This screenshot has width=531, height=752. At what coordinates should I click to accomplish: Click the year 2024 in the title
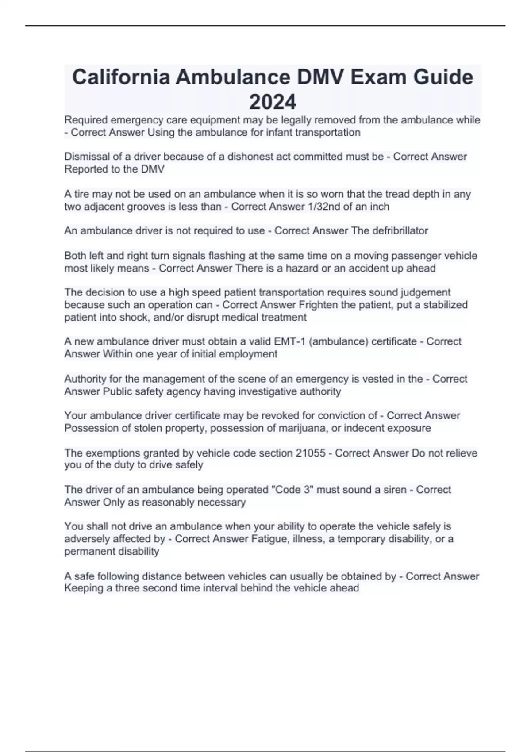(273, 102)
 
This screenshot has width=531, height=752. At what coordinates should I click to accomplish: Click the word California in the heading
(121, 77)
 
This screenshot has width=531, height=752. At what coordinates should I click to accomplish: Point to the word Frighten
(318, 305)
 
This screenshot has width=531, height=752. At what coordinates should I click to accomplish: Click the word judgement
(425, 292)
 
